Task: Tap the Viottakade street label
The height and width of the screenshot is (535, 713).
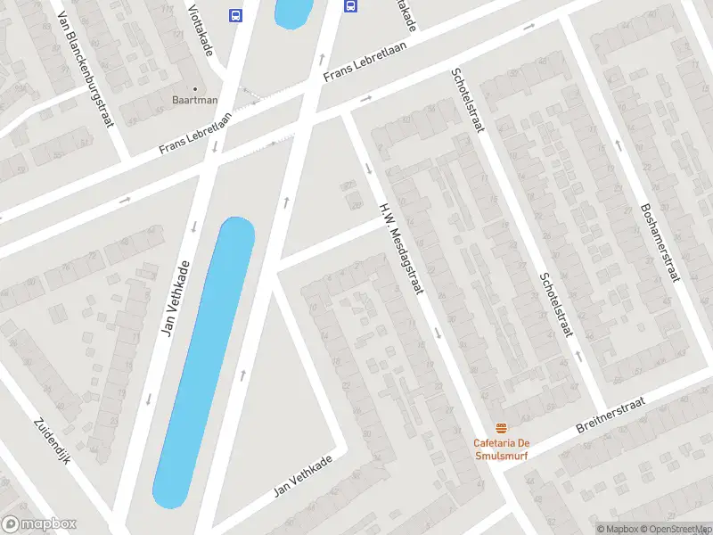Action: pos(201,28)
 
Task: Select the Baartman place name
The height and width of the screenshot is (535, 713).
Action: pos(194,101)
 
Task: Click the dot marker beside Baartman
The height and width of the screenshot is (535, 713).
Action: pos(194,89)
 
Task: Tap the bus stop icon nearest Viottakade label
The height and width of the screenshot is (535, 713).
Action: pos(235,15)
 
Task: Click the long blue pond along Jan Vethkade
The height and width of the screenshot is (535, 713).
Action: pos(205,361)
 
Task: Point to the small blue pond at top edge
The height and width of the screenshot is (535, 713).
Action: pos(293,12)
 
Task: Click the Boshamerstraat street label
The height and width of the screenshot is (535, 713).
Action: pos(660,242)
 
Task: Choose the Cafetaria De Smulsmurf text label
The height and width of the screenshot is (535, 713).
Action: pos(501,449)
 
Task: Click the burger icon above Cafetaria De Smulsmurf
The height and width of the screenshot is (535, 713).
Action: pos(501,426)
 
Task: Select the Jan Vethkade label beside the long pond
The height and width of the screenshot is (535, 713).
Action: pos(176,298)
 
